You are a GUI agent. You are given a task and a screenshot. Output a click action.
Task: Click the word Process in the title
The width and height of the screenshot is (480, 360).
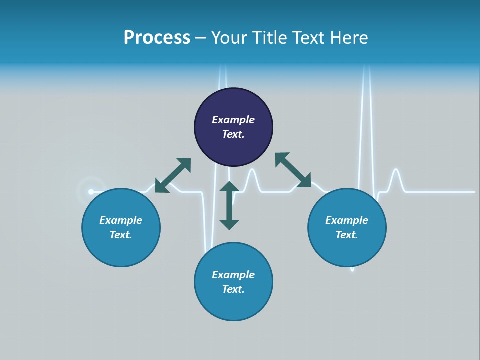pos(157,38)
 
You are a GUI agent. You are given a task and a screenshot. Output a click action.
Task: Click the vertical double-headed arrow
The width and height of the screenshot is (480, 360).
pos(229,205)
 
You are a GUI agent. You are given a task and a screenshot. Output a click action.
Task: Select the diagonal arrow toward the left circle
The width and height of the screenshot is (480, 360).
pos(173,175)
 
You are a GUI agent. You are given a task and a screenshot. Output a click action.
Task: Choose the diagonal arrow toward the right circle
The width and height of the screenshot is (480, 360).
pos(293,170)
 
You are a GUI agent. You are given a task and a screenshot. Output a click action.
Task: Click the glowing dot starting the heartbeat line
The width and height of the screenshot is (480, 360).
pos(91,192)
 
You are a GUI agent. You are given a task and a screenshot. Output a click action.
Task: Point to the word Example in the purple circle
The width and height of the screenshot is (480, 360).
pos(233,120)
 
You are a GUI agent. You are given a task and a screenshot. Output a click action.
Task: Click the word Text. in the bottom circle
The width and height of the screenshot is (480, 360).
pos(233,289)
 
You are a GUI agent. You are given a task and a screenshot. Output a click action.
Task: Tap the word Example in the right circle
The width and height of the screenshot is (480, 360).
pos(347,220)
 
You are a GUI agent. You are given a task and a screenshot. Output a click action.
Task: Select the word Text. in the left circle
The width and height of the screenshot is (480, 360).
pos(121,235)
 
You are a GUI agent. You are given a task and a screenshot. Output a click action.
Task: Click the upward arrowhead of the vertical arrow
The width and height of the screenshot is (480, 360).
pos(229,186)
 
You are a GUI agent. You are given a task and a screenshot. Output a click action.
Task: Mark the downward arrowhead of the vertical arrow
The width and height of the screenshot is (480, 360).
pos(229,224)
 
